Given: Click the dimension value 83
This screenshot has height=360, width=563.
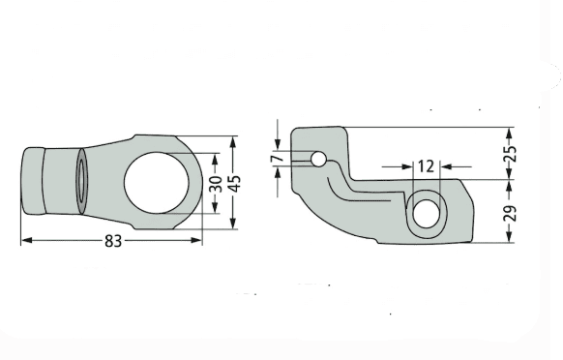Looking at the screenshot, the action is tap(113, 241).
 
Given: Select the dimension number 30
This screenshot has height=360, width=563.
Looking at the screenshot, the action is tap(216, 184).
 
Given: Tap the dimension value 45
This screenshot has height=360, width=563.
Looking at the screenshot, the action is tap(234, 184).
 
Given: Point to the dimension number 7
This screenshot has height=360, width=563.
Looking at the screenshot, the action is tap(279, 158).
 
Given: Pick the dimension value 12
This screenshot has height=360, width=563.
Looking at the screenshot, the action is tap(427, 166).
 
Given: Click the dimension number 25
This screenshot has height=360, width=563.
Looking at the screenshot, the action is tap(510, 154).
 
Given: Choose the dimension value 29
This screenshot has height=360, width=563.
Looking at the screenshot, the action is tap(510, 213).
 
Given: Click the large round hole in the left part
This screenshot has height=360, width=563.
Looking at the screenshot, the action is tap(157, 183).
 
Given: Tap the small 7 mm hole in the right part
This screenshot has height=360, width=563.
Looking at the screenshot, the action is tap(318, 159).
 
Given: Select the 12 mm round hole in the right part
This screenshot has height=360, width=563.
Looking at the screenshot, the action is tap(427, 214).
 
